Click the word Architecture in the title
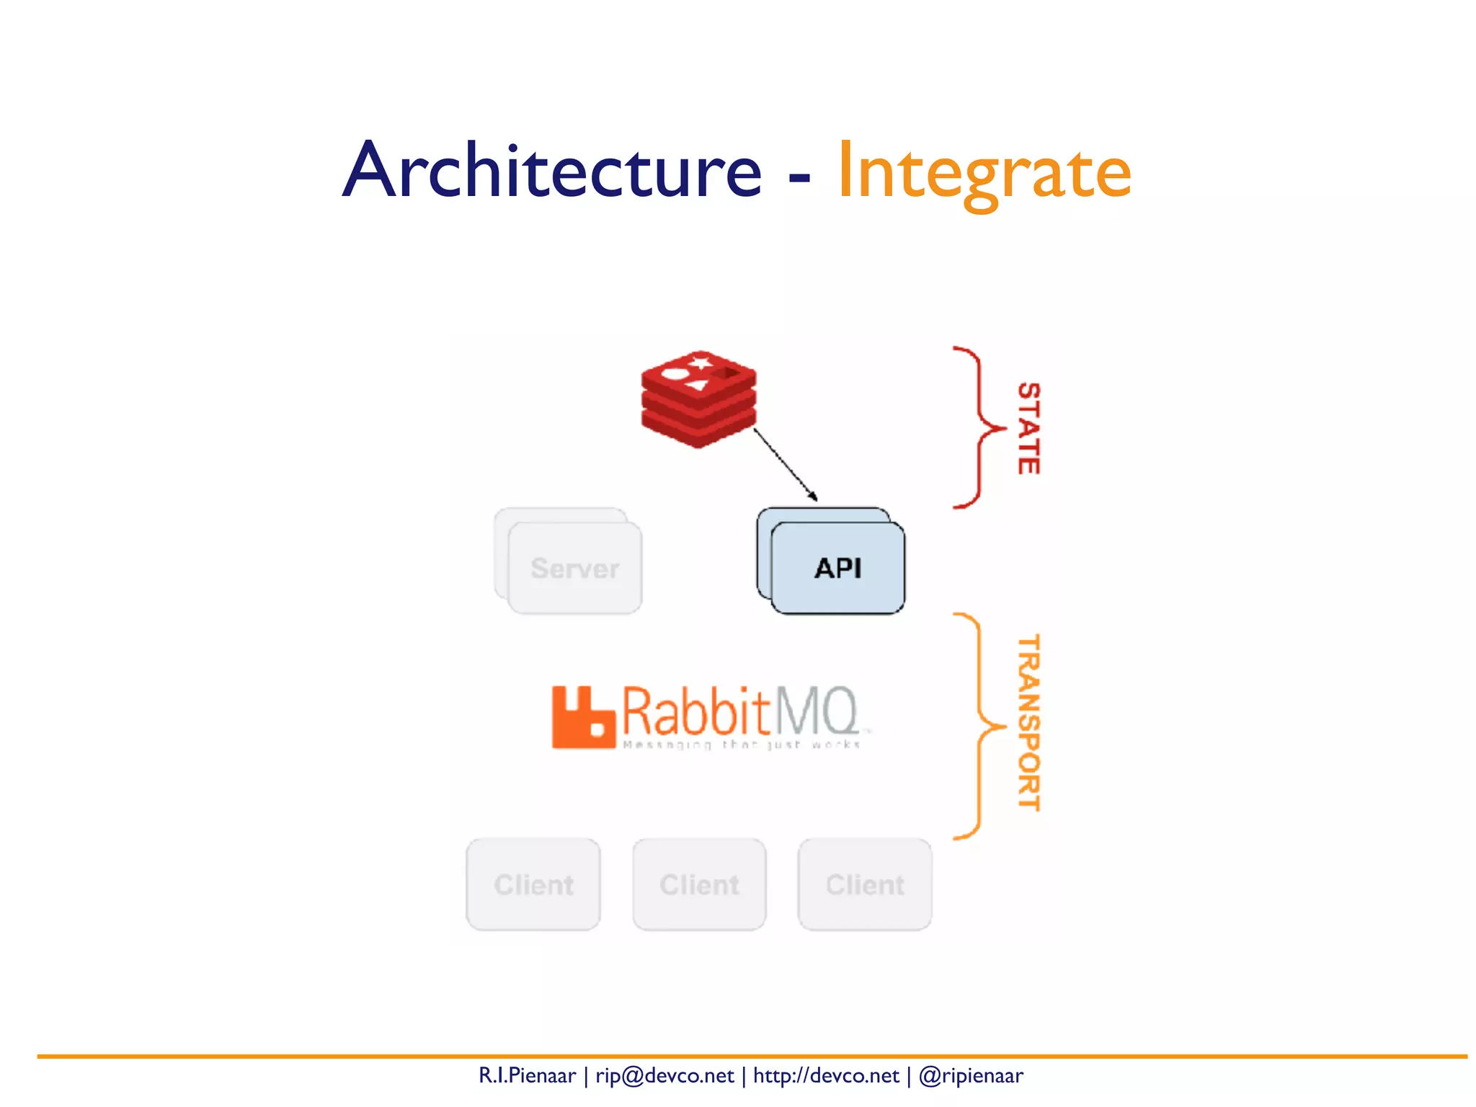551,171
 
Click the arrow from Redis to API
786,465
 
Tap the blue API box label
837,568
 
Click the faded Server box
574,568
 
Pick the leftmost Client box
533,884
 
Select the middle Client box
699,884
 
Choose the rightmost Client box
865,884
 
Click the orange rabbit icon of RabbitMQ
582,718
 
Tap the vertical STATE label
1028,428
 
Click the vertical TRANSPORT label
1028,723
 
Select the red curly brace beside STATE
979,428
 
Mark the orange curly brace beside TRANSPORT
979,726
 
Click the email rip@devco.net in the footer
664,1075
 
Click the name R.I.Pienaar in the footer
527,1075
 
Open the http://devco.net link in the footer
826,1075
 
